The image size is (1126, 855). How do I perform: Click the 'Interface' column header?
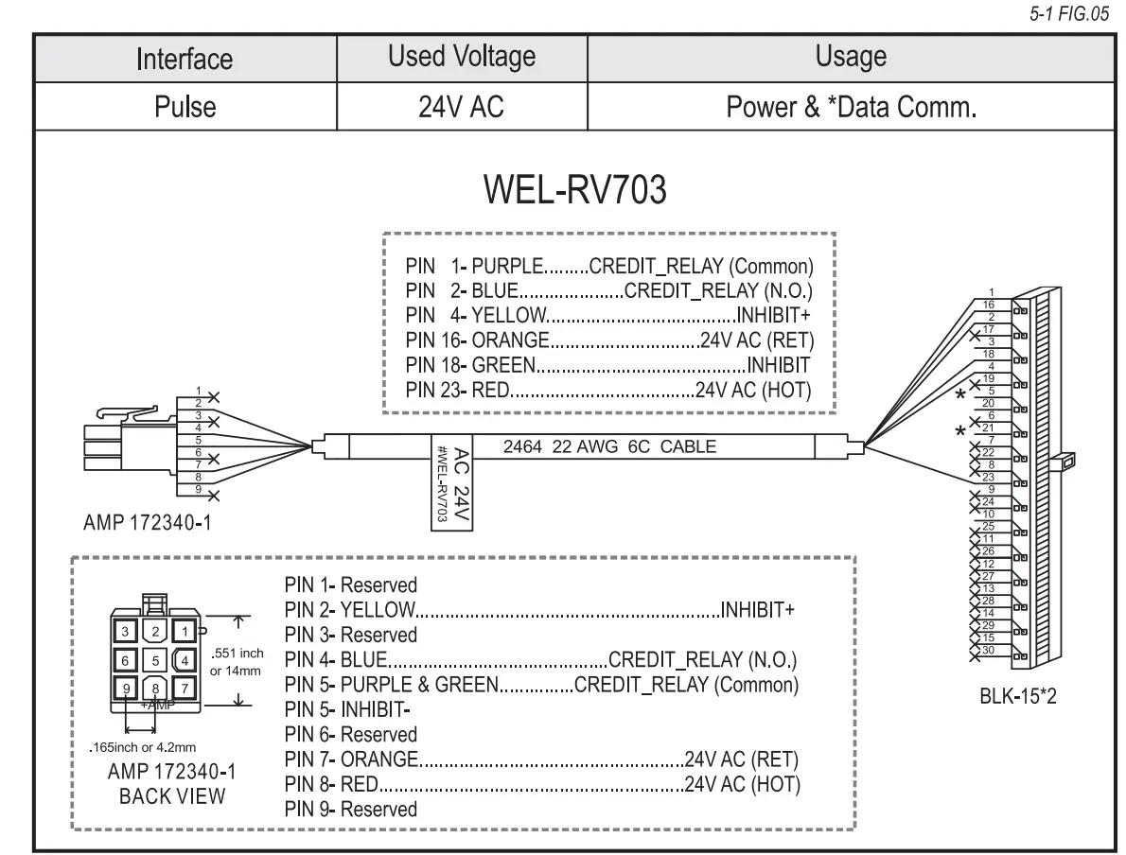tap(185, 59)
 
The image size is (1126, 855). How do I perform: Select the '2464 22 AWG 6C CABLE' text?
tap(609, 446)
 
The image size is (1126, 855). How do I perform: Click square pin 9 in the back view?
tap(124, 688)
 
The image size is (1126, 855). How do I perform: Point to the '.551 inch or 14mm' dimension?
tap(237, 661)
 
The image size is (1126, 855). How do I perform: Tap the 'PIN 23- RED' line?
tap(608, 390)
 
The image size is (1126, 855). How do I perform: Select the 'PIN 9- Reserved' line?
tap(350, 809)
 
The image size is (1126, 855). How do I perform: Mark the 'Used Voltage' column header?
tap(462, 58)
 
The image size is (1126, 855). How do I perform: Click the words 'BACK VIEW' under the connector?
tap(172, 795)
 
